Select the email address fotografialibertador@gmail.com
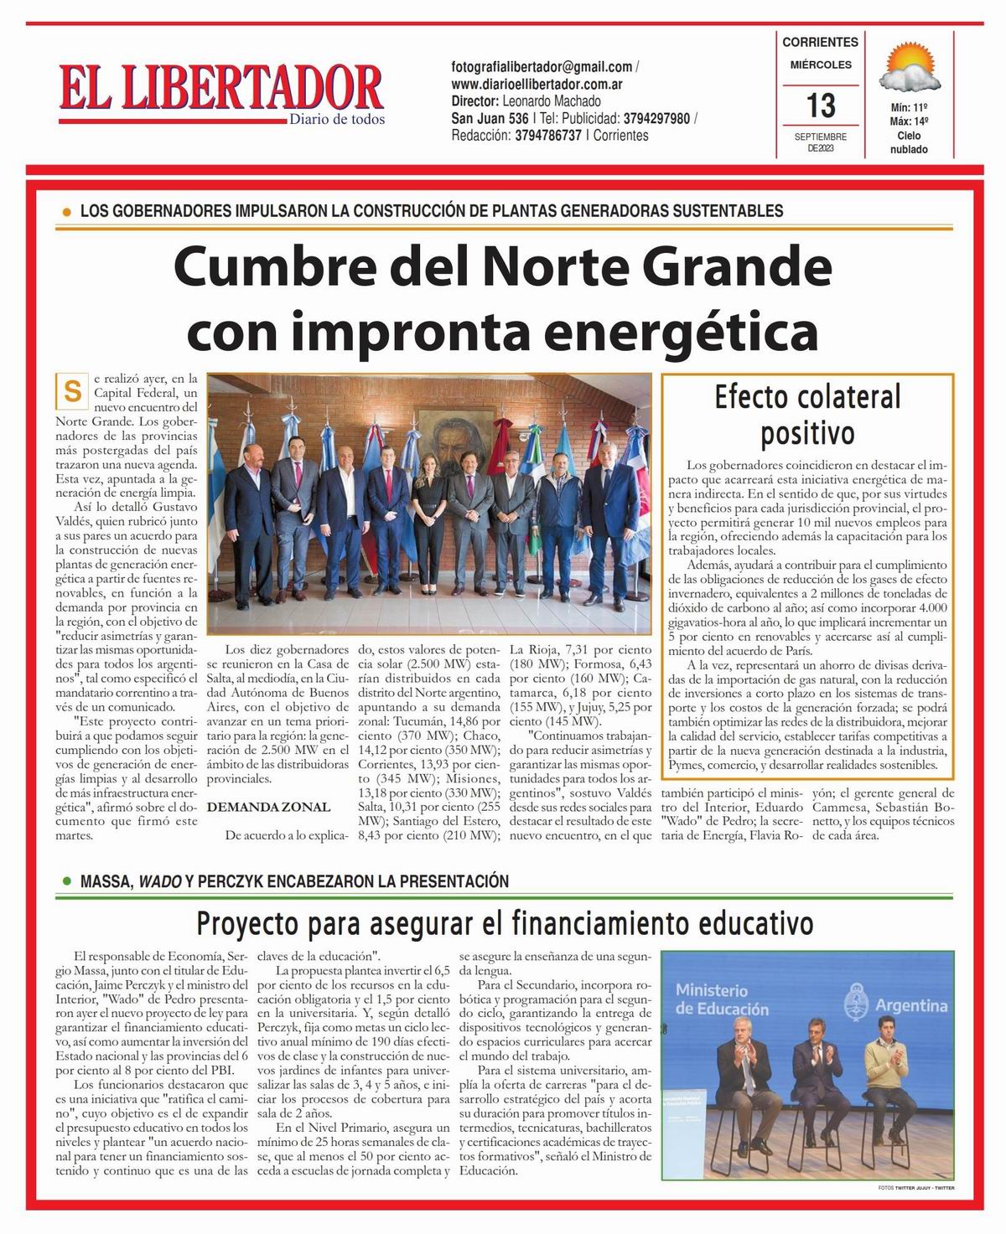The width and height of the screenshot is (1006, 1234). point(542,67)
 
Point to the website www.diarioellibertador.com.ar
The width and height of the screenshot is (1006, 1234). point(537,84)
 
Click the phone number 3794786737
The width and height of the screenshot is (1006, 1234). point(548,136)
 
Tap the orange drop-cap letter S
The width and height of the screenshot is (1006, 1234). point(73,391)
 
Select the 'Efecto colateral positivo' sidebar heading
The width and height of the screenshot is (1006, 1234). point(807,415)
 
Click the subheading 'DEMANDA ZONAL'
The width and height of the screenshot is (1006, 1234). point(268,807)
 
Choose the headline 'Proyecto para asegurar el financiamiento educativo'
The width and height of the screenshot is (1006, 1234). point(505,924)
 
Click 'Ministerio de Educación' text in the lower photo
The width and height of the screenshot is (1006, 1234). point(722,1000)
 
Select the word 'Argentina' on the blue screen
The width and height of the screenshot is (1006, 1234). point(911,1005)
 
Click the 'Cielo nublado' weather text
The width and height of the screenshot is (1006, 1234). point(909,142)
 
